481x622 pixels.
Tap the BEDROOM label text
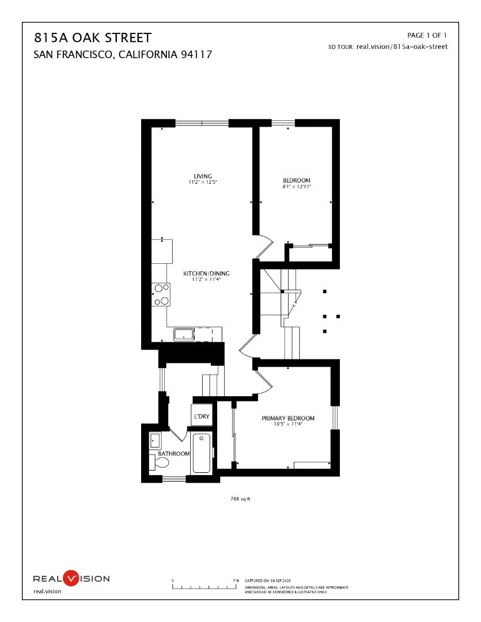(297, 180)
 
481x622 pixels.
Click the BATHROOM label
(174, 454)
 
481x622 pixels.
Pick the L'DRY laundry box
(201, 416)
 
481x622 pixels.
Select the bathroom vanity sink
(154, 441)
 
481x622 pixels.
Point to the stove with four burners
(161, 294)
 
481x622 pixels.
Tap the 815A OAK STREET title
(93, 39)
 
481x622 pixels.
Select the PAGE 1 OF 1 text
(427, 36)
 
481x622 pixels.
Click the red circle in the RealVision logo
(70, 578)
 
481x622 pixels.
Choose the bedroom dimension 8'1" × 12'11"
(297, 187)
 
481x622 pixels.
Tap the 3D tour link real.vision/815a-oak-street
(402, 47)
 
